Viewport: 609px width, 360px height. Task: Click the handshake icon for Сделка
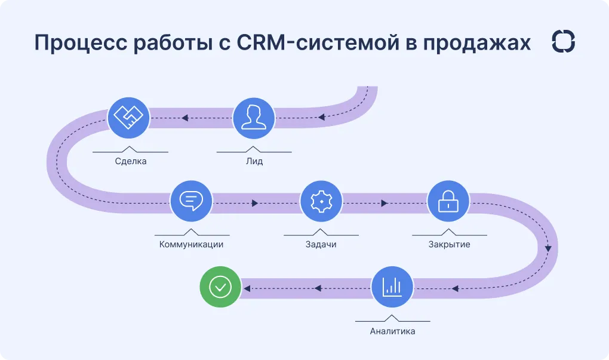[x=129, y=116]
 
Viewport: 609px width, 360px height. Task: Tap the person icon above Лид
[x=254, y=116]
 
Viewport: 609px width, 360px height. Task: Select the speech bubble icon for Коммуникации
[x=191, y=201]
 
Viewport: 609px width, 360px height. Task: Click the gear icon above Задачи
[x=321, y=202]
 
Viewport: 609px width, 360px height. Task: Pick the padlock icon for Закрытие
[x=448, y=202]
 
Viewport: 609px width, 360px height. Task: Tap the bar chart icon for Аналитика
[x=392, y=287]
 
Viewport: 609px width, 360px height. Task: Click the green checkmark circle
[x=220, y=287]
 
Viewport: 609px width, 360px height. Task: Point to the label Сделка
[x=131, y=161]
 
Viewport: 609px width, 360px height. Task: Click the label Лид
[x=254, y=161]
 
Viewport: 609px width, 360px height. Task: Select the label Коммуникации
[x=191, y=244]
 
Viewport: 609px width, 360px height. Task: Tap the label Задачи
[x=321, y=244]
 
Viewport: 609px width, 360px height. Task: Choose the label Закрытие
[x=449, y=244]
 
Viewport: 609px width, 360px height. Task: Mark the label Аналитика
[x=392, y=331]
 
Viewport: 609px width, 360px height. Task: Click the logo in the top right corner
[x=564, y=42]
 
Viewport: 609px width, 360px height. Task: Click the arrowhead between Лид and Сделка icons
[x=186, y=118]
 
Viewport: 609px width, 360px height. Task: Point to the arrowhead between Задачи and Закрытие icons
[x=384, y=203]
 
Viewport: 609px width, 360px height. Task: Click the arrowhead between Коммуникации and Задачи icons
[x=255, y=203]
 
